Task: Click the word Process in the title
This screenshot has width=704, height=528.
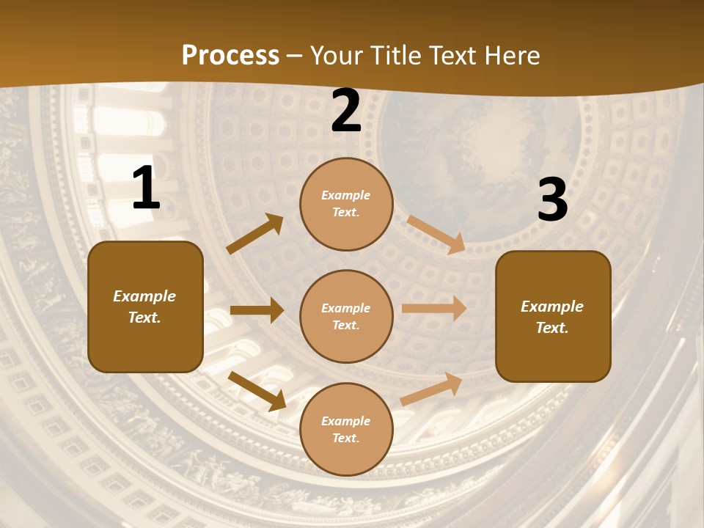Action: point(230,56)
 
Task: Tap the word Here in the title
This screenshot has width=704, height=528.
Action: point(509,56)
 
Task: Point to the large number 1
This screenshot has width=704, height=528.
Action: point(146,189)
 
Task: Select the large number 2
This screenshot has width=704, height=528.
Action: point(346,111)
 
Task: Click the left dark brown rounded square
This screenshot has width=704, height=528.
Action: point(145,307)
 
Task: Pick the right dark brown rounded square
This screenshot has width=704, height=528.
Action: point(553,317)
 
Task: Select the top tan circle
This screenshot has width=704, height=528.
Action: point(346,204)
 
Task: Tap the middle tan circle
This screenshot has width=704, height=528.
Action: point(346,316)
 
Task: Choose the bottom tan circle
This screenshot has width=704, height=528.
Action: point(346,429)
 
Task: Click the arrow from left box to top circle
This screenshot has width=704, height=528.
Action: point(255,234)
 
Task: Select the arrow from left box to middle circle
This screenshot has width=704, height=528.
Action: point(257,310)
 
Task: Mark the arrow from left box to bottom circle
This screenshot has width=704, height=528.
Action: point(257,390)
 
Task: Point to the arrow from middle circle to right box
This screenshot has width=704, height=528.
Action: point(433,309)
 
